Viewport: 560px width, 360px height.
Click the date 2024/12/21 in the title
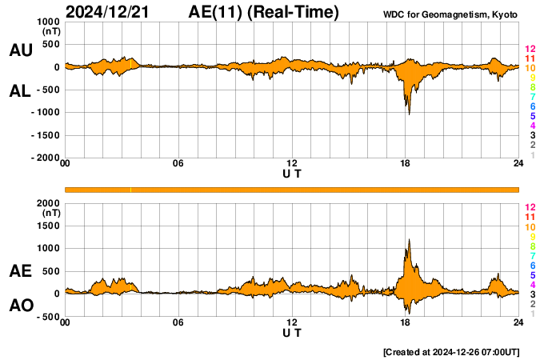pos(113,12)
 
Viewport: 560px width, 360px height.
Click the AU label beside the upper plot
pos(21,50)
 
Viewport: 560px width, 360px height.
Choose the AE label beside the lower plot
pos(21,271)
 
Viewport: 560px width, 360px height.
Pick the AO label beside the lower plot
pos(21,306)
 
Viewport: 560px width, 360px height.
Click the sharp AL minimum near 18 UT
pos(410,114)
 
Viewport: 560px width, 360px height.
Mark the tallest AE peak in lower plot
pos(409,239)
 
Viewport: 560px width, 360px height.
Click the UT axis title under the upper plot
pos(293,173)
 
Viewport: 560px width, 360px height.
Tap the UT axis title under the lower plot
pos(293,332)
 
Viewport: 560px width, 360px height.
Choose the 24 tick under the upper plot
pos(518,164)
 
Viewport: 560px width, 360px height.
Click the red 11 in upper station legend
pos(530,58)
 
